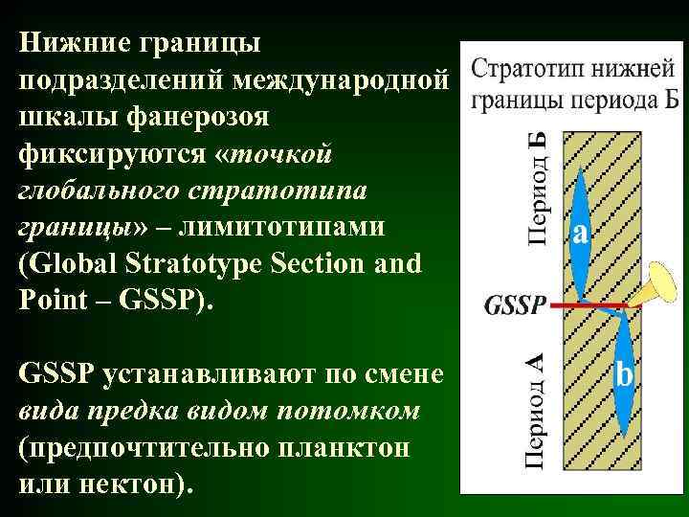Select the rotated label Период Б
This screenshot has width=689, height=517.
[x=538, y=188]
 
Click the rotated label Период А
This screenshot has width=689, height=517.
[x=538, y=413]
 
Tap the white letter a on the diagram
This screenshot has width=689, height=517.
[x=580, y=234]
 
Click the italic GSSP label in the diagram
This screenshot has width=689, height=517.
[x=517, y=305]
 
